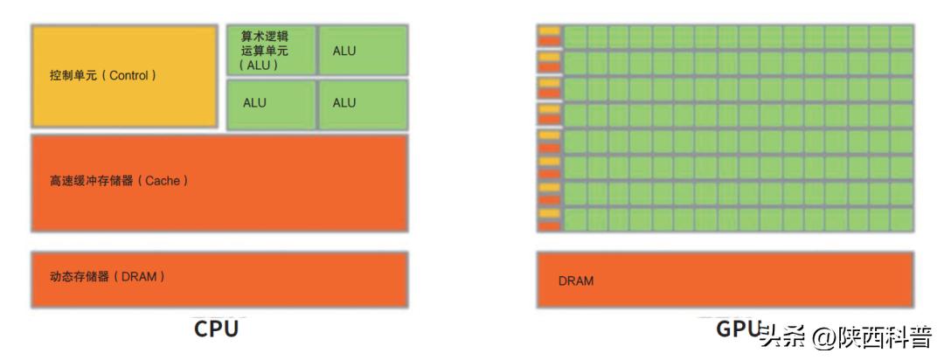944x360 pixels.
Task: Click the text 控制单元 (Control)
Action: [x=103, y=76]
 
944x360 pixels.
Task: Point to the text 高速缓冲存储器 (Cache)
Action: [x=119, y=181]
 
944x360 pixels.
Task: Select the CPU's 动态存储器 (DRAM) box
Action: [x=219, y=279]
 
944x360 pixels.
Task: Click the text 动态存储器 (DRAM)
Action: [x=108, y=277]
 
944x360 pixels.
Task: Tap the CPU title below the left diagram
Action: [x=216, y=329]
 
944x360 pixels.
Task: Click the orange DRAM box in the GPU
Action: [x=725, y=280]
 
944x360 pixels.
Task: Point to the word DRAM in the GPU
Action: [x=575, y=281]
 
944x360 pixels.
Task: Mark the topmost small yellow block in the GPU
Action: [x=549, y=31]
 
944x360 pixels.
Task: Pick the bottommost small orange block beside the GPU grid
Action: [x=549, y=226]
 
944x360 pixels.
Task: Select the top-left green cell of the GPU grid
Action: [x=575, y=36]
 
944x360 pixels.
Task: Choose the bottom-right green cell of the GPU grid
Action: [x=902, y=219]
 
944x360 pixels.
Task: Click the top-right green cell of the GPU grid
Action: [x=902, y=36]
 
